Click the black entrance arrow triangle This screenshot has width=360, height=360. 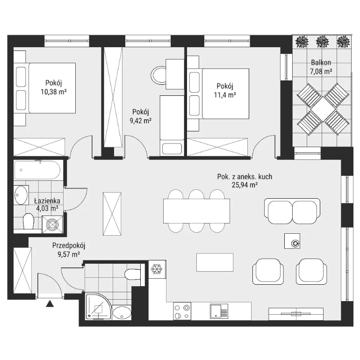pos(50,304)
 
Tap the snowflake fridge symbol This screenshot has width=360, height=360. pos(157,269)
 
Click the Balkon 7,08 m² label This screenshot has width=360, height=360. pos(321,67)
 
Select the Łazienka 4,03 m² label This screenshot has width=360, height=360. pos(47,204)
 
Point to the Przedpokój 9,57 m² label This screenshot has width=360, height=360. pos(69,250)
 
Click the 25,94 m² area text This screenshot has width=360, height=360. pos(245,185)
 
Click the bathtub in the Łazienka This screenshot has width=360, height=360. pos(37,170)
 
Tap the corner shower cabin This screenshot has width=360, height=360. pos(98,307)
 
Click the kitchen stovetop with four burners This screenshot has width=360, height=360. pos(182,311)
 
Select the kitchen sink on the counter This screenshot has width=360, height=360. pos(219,311)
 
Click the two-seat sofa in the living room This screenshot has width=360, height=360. pos(292,211)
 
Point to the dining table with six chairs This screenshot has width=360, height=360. pos(196,211)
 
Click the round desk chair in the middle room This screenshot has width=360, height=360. pos(158,75)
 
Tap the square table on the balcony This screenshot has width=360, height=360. pos(323,109)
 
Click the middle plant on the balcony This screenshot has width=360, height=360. pos(323,42)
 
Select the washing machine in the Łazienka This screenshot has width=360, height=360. pos(52,224)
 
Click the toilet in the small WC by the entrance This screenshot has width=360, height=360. pos(132,274)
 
